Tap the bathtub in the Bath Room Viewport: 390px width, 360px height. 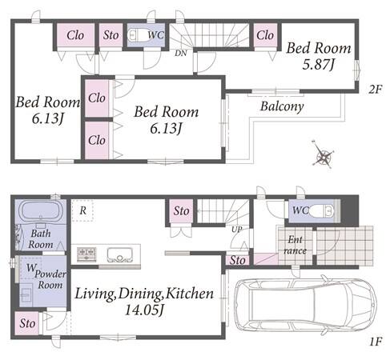tap(41, 210)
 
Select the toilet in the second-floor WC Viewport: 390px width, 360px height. tap(135, 35)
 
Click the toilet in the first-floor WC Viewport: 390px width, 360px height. tap(321, 211)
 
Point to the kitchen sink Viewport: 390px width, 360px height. tap(119, 255)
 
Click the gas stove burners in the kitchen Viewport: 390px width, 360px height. tap(86, 254)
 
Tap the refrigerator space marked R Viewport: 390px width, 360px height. tap(82, 210)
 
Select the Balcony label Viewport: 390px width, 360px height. tap(282, 106)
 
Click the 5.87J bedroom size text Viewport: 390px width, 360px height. tap(318, 65)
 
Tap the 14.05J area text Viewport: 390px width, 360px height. tap(144, 310)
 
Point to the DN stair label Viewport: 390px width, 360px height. tap(181, 54)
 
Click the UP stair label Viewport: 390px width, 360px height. tap(236, 230)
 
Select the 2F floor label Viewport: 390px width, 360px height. tap(376, 90)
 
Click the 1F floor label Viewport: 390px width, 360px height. tap(376, 342)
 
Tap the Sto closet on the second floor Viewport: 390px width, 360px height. tap(111, 35)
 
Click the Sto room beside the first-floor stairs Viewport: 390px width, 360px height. tap(181, 211)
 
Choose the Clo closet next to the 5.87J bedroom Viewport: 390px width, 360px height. tap(265, 35)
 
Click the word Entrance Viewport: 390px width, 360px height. tap(295, 245)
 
